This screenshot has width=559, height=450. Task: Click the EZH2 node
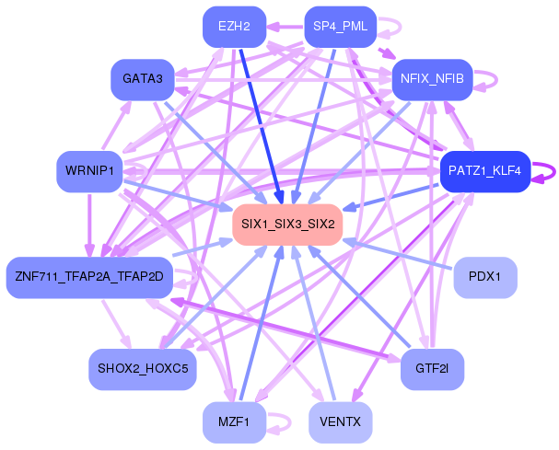pos(234,27)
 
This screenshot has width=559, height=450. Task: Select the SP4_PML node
pos(341,27)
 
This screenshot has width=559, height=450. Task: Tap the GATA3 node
pos(143,79)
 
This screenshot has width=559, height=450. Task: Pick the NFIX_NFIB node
pos(432,79)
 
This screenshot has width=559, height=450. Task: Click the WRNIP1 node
pos(89,171)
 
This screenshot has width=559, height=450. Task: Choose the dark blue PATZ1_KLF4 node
pos(485,171)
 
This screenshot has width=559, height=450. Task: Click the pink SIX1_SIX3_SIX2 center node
pos(287,225)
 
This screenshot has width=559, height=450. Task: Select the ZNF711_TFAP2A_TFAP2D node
pos(89,277)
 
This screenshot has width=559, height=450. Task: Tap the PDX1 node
pos(485,277)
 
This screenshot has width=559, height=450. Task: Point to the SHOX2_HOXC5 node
pos(143,369)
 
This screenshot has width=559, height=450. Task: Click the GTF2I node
pos(432,369)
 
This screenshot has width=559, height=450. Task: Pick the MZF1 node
pos(234,422)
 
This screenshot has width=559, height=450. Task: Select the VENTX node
pos(341,422)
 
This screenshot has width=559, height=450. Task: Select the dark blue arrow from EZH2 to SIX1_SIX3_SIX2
pos(262,126)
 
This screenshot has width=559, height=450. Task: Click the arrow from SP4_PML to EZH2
pos(285,27)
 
